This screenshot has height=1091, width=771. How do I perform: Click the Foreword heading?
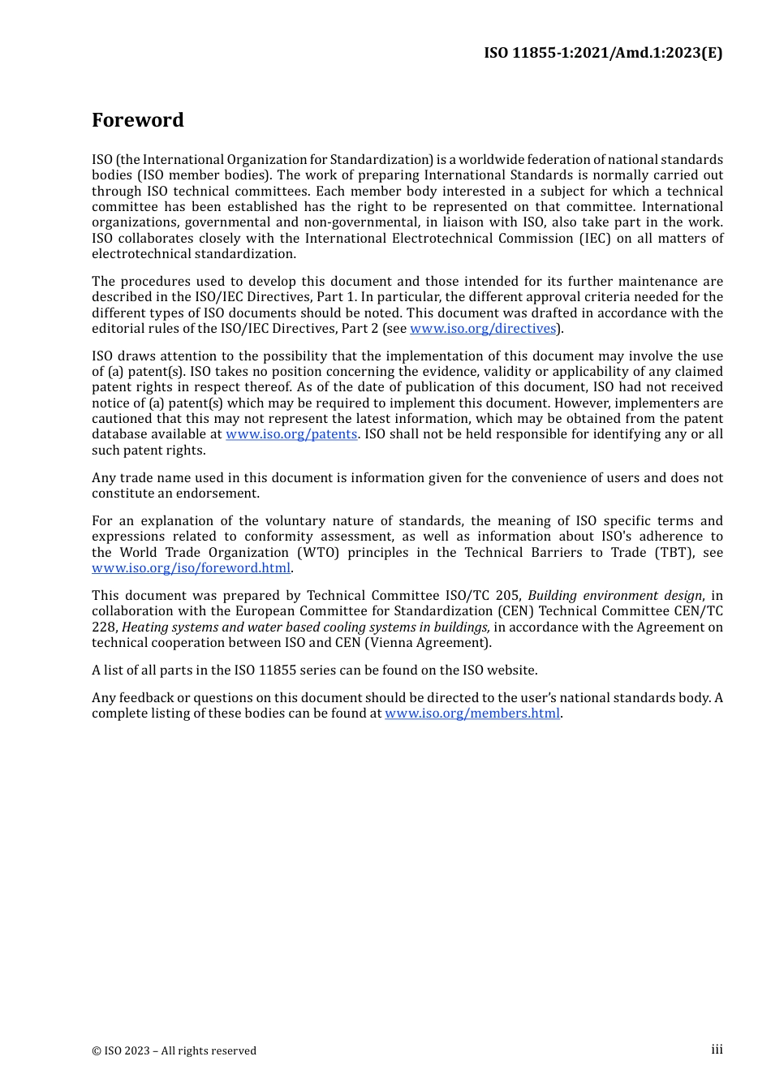[x=137, y=120]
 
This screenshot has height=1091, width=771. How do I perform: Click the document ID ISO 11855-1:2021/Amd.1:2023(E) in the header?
[x=603, y=53]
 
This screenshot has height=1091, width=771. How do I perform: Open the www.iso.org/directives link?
[x=482, y=329]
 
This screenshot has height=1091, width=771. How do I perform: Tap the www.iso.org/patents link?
[x=291, y=434]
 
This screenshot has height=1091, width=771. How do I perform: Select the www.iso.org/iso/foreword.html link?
[x=191, y=568]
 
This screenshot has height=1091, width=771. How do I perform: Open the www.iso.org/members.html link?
[x=472, y=714]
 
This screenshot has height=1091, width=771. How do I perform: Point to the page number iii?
[x=717, y=1050]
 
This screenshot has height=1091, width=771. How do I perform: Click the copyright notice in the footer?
[x=174, y=1050]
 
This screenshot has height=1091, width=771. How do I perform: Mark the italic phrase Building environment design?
[x=614, y=596]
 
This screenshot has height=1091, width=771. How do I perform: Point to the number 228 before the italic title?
[x=104, y=627]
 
